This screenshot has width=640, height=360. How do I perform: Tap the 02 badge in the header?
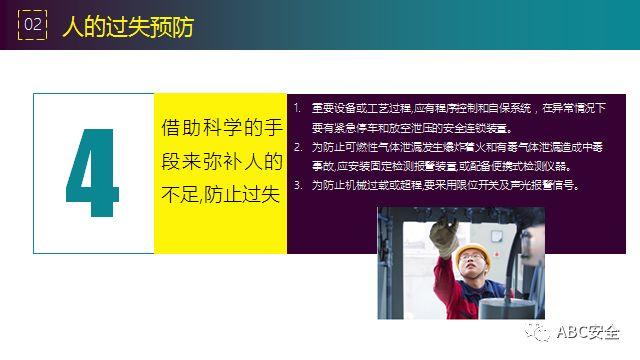(x=33, y=25)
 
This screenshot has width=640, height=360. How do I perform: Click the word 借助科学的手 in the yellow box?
(x=220, y=129)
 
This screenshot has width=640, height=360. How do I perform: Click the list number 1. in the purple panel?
(x=298, y=107)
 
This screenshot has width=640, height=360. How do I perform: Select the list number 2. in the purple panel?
(x=298, y=147)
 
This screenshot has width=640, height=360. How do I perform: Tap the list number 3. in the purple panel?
(x=298, y=186)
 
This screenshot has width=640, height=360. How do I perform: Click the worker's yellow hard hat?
(x=470, y=256)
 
